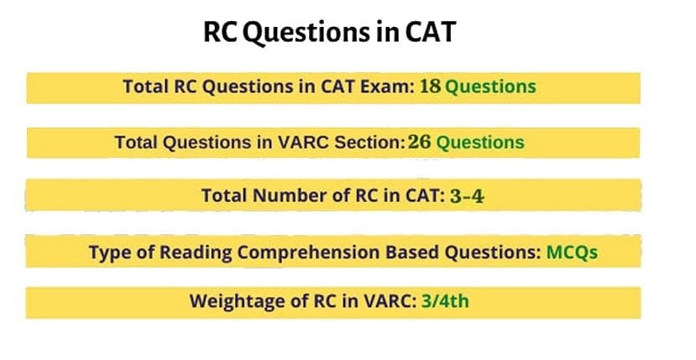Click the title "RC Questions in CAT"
[x=329, y=34]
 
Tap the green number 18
[x=431, y=86]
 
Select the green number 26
[x=420, y=143]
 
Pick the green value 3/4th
[x=445, y=301]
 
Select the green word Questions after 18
[x=489, y=86]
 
